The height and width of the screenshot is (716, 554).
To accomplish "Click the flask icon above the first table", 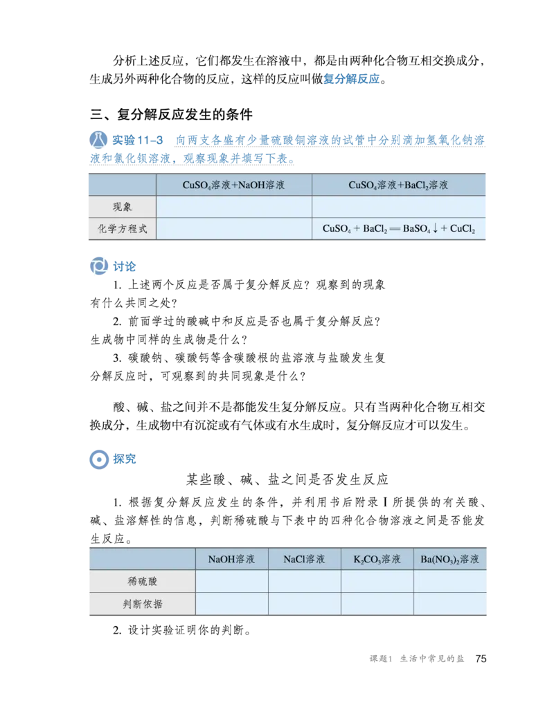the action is coord(98,140).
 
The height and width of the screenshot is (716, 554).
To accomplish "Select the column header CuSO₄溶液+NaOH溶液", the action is coord(233,185).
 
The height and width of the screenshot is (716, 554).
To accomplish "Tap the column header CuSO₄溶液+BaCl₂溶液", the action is coord(399,185).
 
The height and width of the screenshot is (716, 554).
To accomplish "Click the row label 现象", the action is coord(122,207).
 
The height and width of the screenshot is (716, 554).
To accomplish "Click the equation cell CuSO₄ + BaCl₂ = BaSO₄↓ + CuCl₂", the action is coord(399,229).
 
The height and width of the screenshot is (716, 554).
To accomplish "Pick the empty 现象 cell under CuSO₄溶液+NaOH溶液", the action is coord(233,207).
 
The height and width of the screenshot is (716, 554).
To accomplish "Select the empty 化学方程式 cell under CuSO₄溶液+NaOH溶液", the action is coord(233,229).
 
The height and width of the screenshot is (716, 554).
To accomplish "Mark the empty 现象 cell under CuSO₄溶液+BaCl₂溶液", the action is coord(399,207).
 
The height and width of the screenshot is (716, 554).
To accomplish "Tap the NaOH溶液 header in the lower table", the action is coord(231,559).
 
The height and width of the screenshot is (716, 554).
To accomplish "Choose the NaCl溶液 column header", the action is coord(304,559).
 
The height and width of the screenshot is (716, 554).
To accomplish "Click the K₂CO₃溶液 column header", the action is coord(377,559).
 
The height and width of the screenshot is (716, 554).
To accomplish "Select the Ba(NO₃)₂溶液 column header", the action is coord(450,559).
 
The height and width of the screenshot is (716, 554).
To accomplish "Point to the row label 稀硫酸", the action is coord(142,582).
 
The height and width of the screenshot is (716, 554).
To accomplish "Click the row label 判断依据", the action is coord(142,604).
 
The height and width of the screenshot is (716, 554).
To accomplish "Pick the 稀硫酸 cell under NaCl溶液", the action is coord(304,582).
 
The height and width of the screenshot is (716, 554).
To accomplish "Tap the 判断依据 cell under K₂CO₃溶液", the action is coord(377,604).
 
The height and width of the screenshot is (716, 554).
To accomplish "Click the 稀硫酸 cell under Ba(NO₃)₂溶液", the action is coord(450,582).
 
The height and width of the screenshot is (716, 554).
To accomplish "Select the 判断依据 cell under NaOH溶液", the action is coord(231,604).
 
